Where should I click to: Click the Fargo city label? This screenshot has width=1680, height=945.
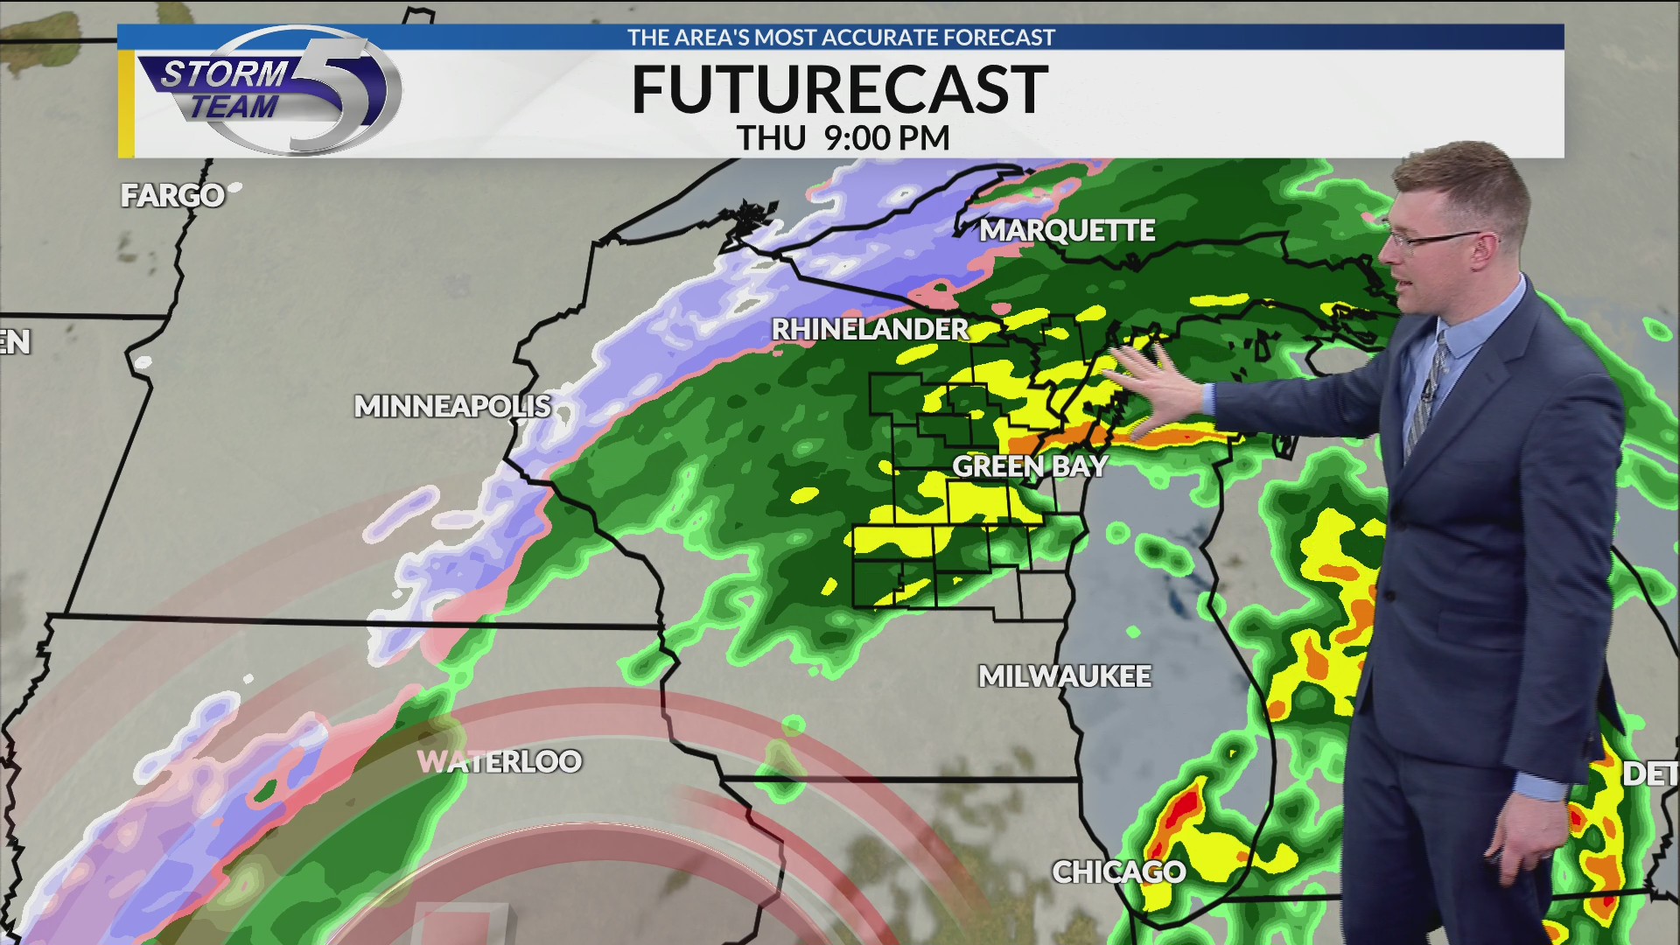pos(172,195)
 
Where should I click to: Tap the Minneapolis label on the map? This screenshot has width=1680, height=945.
pos(452,406)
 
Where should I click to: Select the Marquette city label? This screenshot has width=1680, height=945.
pos(1067,230)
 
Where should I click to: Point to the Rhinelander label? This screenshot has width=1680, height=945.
pos(870,329)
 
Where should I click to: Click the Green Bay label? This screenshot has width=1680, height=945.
pos(1030,466)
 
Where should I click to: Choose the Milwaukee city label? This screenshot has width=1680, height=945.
pos(1064,676)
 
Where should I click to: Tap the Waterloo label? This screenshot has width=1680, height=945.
pos(500,761)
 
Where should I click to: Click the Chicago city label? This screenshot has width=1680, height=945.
pos(1118,871)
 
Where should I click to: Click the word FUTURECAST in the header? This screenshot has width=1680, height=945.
pos(839,89)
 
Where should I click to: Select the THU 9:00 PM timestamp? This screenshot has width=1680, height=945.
pos(843,138)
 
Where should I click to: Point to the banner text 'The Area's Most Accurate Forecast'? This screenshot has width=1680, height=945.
pos(841,38)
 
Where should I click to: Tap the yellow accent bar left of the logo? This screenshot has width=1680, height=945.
pos(126,103)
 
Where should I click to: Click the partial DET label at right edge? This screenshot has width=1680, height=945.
pos(1650,773)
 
